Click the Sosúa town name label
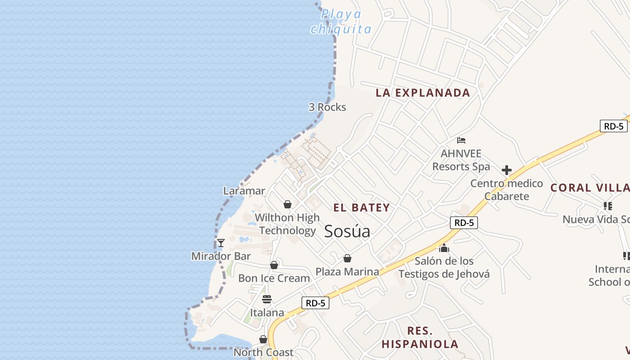click(347, 231)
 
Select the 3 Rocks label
click(327, 107)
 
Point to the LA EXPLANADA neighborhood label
click(423, 93)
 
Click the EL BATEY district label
click(361, 207)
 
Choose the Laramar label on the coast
click(244, 191)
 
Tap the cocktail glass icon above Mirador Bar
click(221, 243)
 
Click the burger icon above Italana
click(267, 299)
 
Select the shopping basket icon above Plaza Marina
click(347, 258)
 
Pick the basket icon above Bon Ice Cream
click(274, 265)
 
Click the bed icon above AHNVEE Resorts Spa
click(461, 140)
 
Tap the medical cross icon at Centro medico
click(507, 170)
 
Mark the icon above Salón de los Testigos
click(444, 248)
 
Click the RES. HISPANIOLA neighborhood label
click(420, 337)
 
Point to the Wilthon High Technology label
click(287, 224)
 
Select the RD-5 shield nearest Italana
click(315, 303)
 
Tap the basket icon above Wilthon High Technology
click(288, 205)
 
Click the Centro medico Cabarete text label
click(507, 190)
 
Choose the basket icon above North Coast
click(263, 339)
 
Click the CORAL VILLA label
click(590, 188)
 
